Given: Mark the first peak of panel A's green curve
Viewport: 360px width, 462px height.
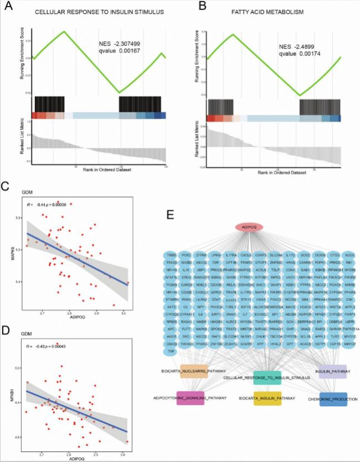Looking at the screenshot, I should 65,31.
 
